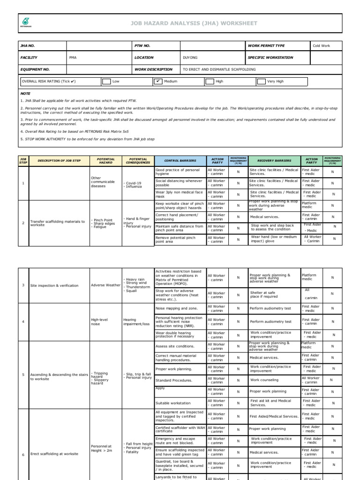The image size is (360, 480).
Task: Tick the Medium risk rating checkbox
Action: click(158, 81)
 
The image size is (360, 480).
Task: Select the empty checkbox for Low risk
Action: click(106, 81)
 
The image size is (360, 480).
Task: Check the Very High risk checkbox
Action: click(261, 81)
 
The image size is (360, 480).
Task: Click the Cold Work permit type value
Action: click(322, 46)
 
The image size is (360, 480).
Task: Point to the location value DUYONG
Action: click(191, 58)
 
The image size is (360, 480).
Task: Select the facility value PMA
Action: click(73, 58)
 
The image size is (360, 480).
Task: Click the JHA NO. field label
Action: click(28, 46)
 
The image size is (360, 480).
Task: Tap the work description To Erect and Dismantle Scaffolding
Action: click(219, 69)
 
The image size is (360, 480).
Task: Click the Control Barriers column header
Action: click(179, 160)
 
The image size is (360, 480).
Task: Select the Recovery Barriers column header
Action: click(274, 160)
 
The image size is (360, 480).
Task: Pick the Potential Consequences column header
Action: click(138, 160)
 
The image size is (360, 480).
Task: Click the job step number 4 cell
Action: click(23, 322)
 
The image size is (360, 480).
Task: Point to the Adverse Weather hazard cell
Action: click(105, 285)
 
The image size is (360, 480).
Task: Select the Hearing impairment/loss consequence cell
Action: click(136, 322)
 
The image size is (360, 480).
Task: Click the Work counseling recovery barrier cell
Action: click(264, 380)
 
